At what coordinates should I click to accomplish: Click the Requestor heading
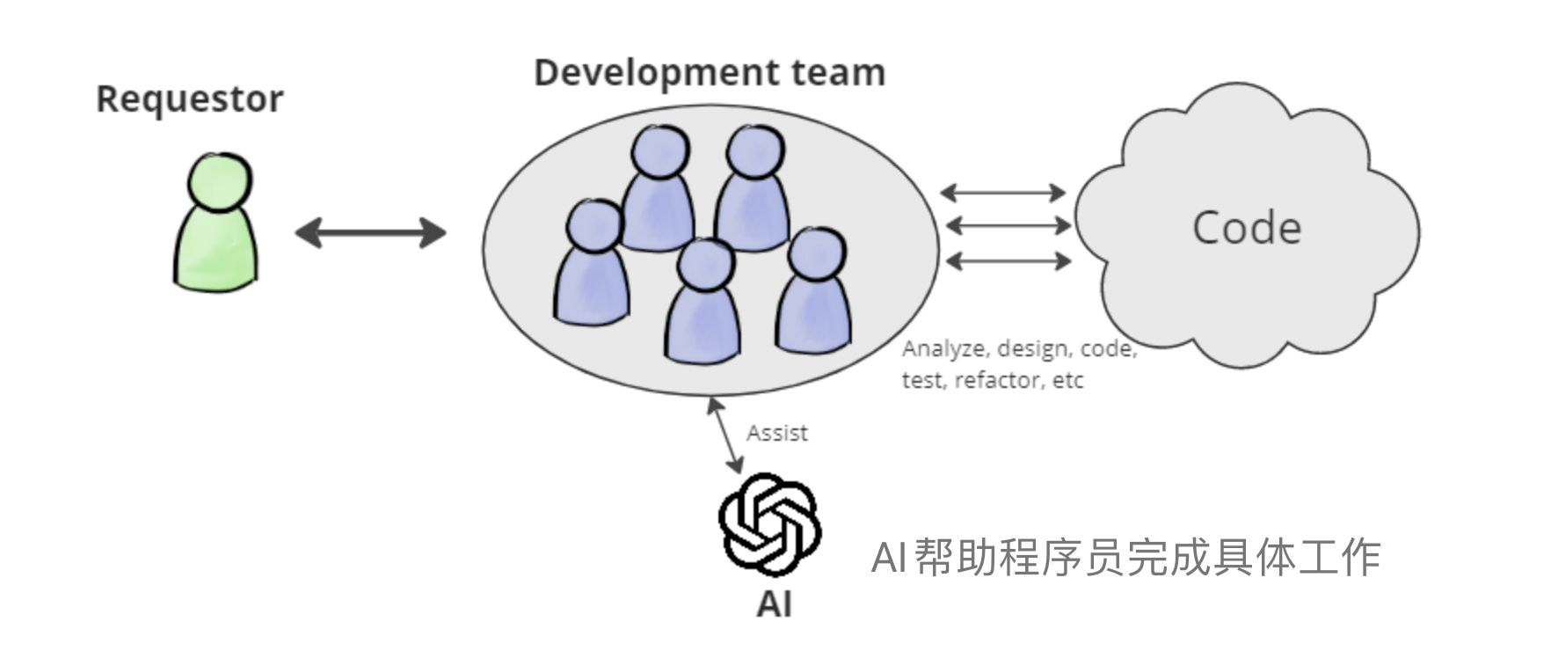189,99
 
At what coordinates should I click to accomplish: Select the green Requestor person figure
216,238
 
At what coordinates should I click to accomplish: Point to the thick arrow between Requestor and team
370,233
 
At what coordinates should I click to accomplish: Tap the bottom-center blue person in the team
703,304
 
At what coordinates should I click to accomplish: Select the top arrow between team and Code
1003,192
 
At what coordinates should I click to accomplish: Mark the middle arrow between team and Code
1008,226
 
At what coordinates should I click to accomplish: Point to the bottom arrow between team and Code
1007,260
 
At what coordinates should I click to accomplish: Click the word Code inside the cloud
1246,228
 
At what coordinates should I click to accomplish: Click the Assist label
776,433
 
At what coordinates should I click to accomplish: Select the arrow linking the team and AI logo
725,435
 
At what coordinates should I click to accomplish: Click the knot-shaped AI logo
770,523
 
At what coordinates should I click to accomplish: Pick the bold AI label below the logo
774,604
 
